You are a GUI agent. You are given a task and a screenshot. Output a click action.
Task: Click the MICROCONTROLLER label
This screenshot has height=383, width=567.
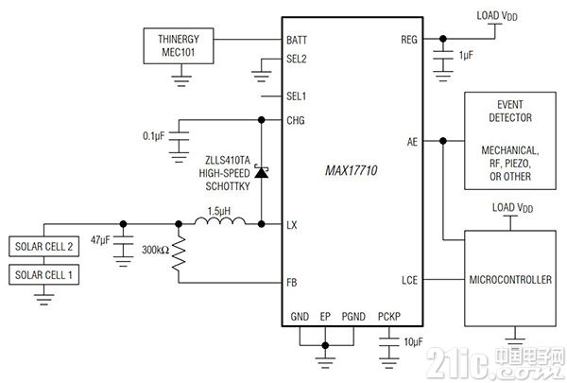510,280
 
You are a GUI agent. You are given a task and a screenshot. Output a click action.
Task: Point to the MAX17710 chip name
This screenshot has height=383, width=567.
352,170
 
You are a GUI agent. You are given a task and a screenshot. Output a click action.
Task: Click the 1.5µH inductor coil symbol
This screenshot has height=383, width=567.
220,221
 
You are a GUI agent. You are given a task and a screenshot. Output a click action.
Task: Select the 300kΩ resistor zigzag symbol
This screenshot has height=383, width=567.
179,253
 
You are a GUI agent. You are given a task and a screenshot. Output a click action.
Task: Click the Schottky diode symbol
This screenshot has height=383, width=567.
261,172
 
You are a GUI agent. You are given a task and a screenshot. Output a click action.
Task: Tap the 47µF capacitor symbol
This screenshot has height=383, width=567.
123,241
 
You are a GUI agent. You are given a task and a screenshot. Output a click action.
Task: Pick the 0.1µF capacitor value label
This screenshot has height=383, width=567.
153,136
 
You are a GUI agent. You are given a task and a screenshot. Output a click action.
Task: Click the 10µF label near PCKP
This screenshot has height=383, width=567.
413,341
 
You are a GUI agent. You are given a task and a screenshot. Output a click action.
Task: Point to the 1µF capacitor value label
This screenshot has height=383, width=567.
466,56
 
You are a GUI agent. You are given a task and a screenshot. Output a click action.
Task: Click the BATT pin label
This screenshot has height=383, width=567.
297,40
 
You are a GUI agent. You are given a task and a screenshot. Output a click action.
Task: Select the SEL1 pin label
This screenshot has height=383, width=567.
296,96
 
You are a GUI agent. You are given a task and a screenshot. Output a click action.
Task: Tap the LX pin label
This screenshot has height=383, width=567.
291,225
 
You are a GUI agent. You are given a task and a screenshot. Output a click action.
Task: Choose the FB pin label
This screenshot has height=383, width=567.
291,283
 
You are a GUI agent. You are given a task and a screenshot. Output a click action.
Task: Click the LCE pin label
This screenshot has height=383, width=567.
409,280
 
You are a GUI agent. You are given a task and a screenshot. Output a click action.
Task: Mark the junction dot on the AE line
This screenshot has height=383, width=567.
443,141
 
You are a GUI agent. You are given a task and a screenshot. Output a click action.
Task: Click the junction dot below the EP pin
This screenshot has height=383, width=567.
325,345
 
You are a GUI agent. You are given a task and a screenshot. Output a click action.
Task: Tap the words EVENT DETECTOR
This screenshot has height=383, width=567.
510,112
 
